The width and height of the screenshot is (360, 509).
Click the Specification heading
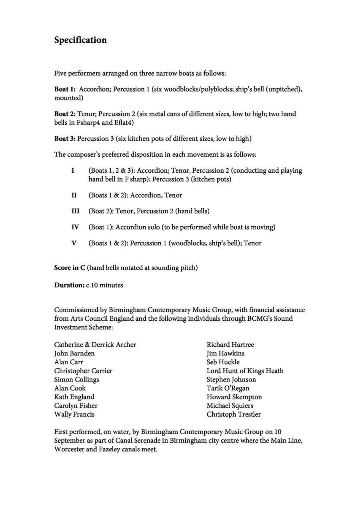80,40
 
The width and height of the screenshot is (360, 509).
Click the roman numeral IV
75,227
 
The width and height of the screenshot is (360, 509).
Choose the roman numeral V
74,243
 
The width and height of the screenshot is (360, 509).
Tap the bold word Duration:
69,285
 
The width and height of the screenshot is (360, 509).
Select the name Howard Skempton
234,397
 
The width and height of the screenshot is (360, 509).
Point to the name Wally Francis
74,415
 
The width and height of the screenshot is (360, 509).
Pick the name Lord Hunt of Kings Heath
245,371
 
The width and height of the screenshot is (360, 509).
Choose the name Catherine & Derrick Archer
95,345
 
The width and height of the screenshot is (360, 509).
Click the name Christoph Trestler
234,415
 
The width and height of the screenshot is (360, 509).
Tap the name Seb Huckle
223,362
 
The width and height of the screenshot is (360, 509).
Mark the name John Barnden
74,353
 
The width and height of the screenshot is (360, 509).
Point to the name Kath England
74,397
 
